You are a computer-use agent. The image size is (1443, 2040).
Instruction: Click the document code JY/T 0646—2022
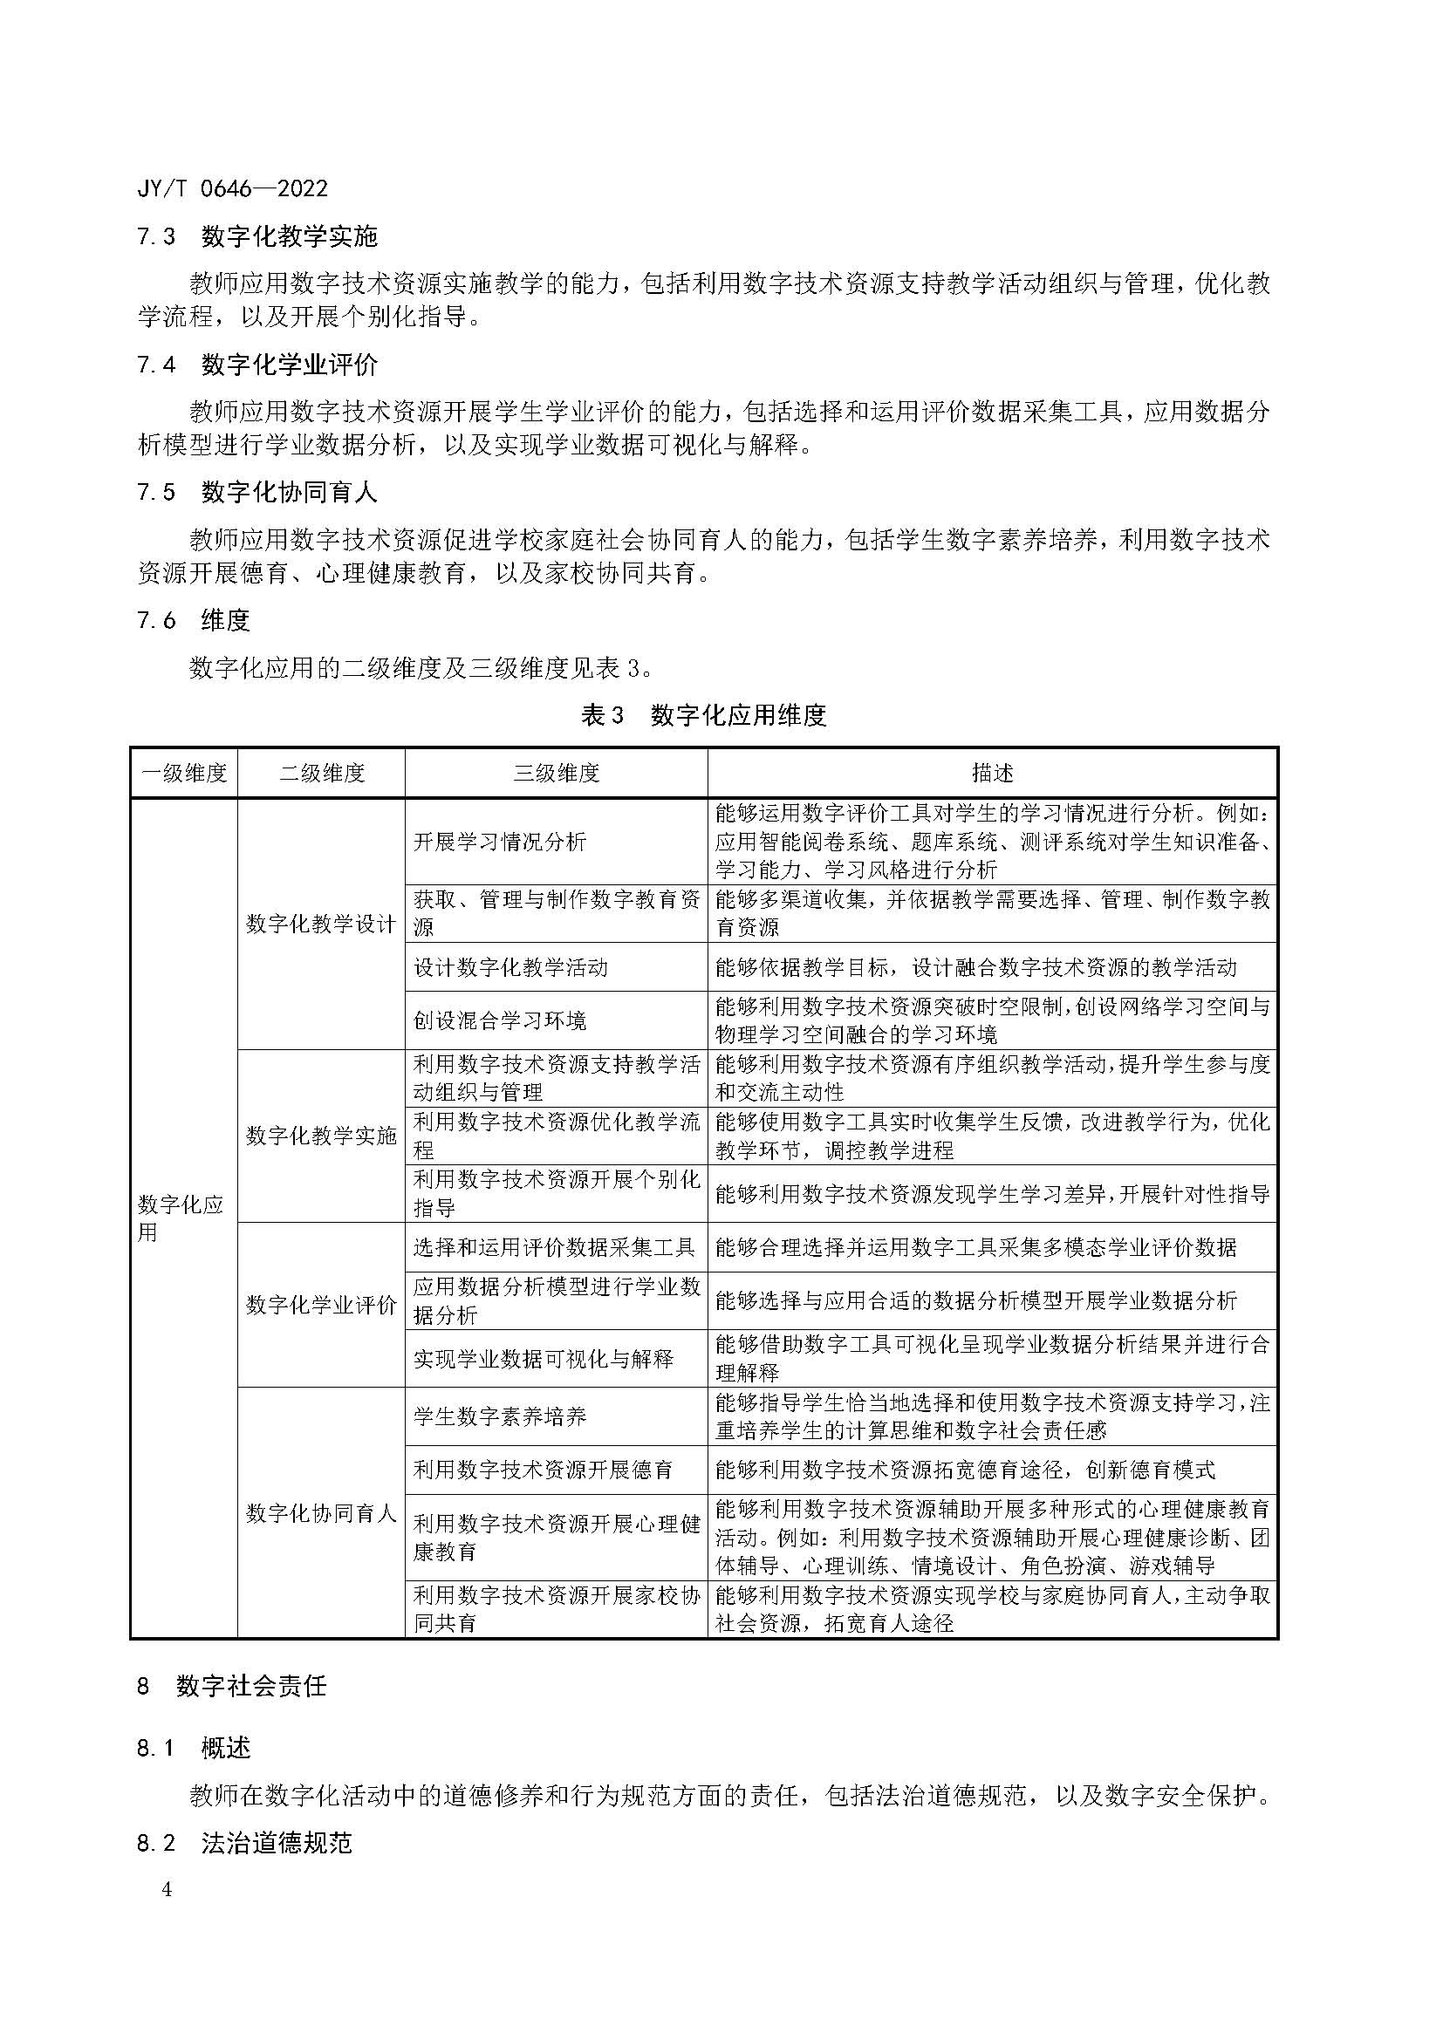[x=233, y=188]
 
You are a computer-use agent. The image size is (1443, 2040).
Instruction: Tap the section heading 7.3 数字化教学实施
[x=257, y=236]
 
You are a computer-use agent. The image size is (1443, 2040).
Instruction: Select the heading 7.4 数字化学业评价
[x=257, y=365]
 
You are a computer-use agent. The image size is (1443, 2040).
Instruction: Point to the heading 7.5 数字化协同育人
[x=257, y=492]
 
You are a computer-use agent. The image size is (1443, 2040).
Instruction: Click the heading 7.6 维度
[x=194, y=620]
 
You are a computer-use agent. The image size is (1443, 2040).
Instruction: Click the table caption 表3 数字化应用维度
[x=704, y=715]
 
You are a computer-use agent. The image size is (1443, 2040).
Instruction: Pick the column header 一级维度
[x=184, y=773]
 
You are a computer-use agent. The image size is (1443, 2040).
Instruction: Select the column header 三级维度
[x=557, y=773]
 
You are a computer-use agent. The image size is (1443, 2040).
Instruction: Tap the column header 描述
[x=993, y=773]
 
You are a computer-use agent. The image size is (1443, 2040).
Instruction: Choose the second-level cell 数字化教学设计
[x=321, y=924]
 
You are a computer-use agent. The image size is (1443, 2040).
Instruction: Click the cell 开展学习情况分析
[x=500, y=842]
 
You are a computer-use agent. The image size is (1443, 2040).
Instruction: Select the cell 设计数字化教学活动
[x=511, y=967]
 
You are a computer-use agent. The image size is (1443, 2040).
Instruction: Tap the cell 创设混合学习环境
[x=500, y=1021]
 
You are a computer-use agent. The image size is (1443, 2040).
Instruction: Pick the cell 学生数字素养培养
[x=500, y=1416]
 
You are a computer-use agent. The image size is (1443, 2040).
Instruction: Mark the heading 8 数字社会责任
[x=233, y=1686]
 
